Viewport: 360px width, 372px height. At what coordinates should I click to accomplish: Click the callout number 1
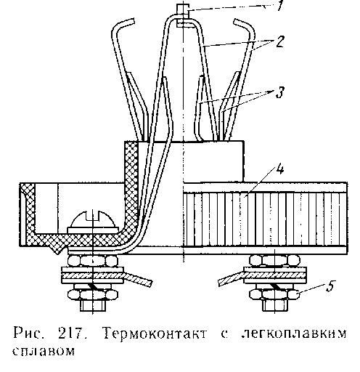coord(280,5)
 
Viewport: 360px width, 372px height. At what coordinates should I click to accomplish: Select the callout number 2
coord(279,41)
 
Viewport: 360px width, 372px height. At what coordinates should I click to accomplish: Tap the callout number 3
coord(280,92)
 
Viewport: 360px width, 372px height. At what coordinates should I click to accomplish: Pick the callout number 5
coord(330,286)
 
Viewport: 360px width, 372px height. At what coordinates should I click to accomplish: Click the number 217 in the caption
coord(72,333)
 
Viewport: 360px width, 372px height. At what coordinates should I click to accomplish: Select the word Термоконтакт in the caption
coord(155,333)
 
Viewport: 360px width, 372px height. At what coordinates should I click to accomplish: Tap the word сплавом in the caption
coord(44,351)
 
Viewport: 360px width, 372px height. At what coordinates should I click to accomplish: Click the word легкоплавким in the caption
coord(293,333)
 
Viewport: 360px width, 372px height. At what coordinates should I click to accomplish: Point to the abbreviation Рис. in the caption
coord(29,333)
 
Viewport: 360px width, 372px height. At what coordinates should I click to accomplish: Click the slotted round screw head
coord(94,219)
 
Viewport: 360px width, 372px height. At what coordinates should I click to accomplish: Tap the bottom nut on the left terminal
coord(93,295)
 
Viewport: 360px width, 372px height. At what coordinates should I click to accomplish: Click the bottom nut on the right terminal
coord(274,295)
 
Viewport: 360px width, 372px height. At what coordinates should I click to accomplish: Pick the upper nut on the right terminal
coord(274,261)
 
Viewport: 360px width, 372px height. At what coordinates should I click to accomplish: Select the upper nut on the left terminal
coord(93,261)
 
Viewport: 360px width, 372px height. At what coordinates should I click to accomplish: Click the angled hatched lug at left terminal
coord(139,278)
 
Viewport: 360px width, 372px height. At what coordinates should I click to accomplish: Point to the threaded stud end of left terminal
coord(93,305)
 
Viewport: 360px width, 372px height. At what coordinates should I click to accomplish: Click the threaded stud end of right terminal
coord(275,305)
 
